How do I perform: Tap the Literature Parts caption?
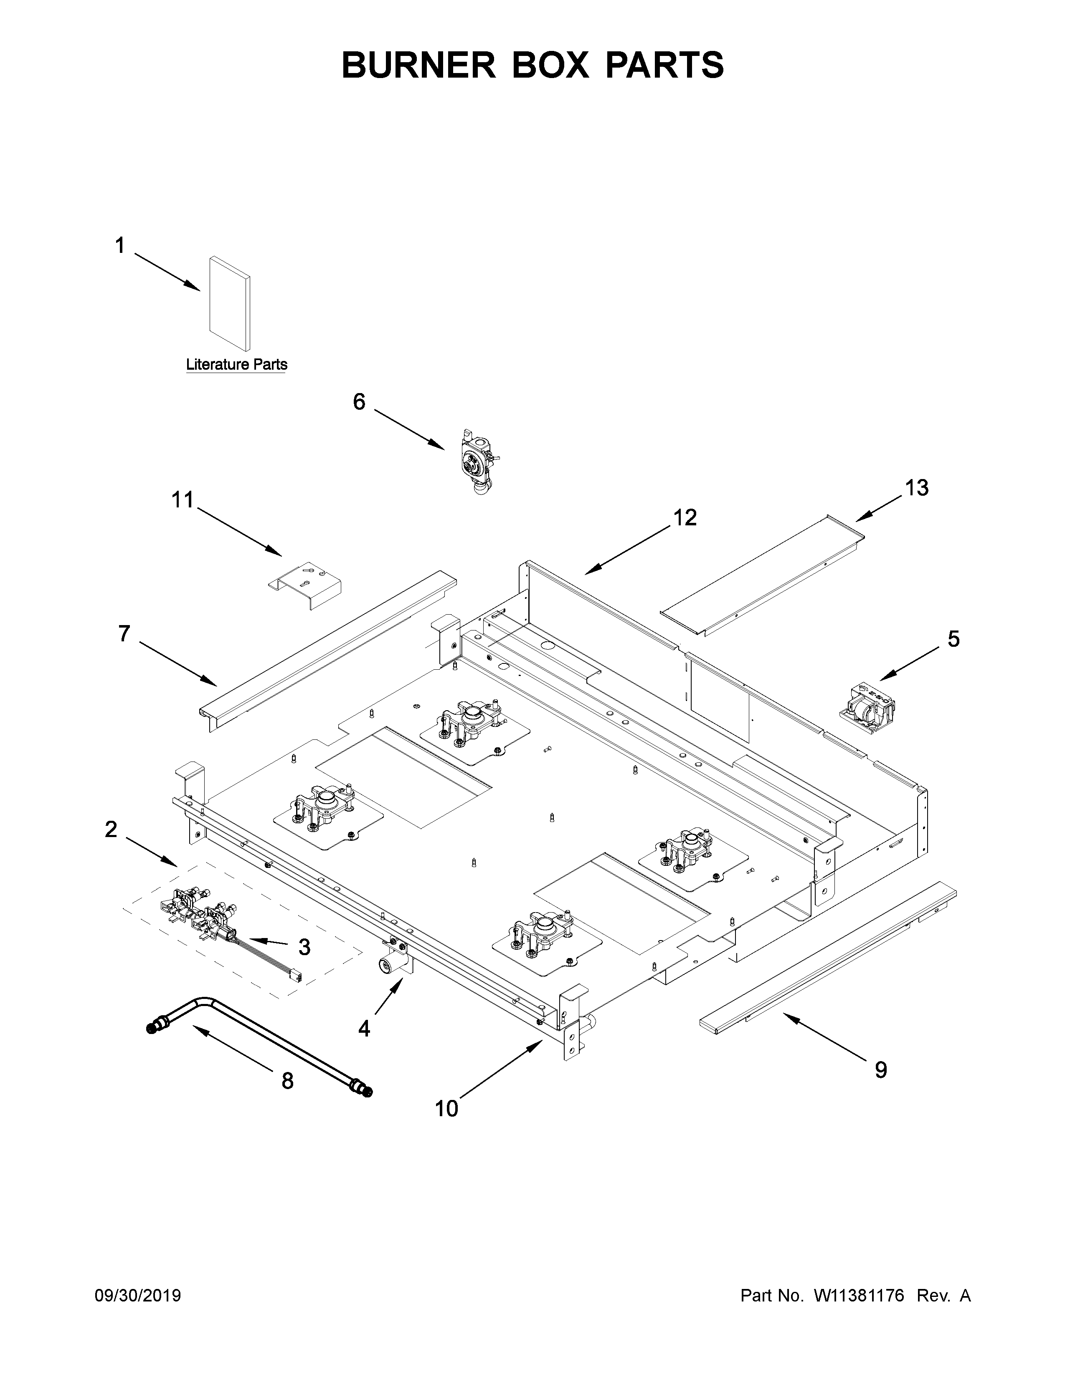[236, 364]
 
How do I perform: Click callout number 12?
[685, 517]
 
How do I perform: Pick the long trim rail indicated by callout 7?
[328, 649]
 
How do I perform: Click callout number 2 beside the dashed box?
[111, 829]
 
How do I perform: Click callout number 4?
[364, 1028]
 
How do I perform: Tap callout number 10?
[447, 1108]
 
